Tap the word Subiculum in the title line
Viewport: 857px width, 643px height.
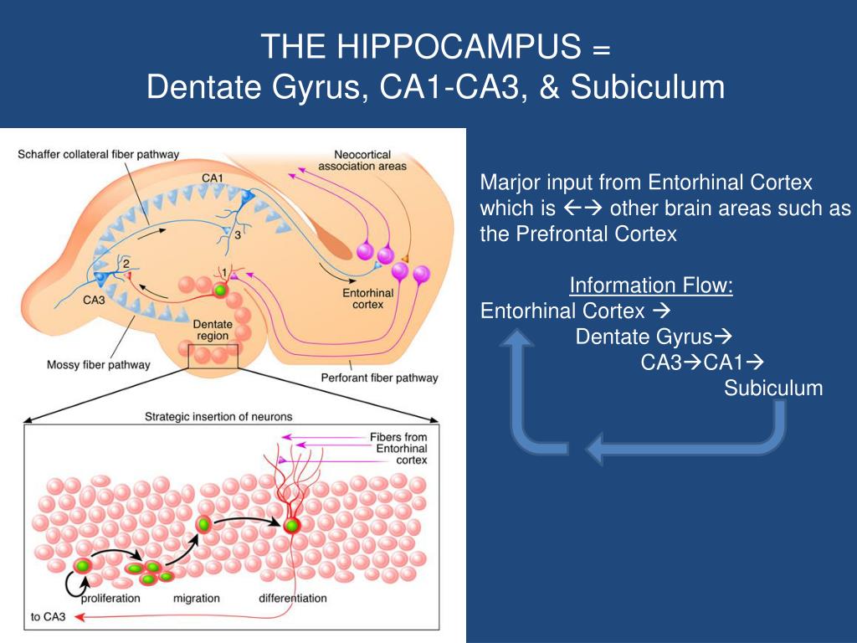(x=648, y=86)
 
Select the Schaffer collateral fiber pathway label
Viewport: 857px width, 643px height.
(x=98, y=155)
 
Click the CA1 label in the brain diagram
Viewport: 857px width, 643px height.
(x=213, y=178)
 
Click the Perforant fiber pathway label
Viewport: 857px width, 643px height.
(x=379, y=378)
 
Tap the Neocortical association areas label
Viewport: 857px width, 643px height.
(x=362, y=160)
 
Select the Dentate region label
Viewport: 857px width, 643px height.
(x=208, y=330)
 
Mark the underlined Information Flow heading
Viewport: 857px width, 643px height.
(x=651, y=286)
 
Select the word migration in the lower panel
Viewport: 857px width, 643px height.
(x=196, y=598)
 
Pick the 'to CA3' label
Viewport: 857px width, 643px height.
(x=48, y=618)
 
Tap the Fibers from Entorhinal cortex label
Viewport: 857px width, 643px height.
(x=398, y=449)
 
